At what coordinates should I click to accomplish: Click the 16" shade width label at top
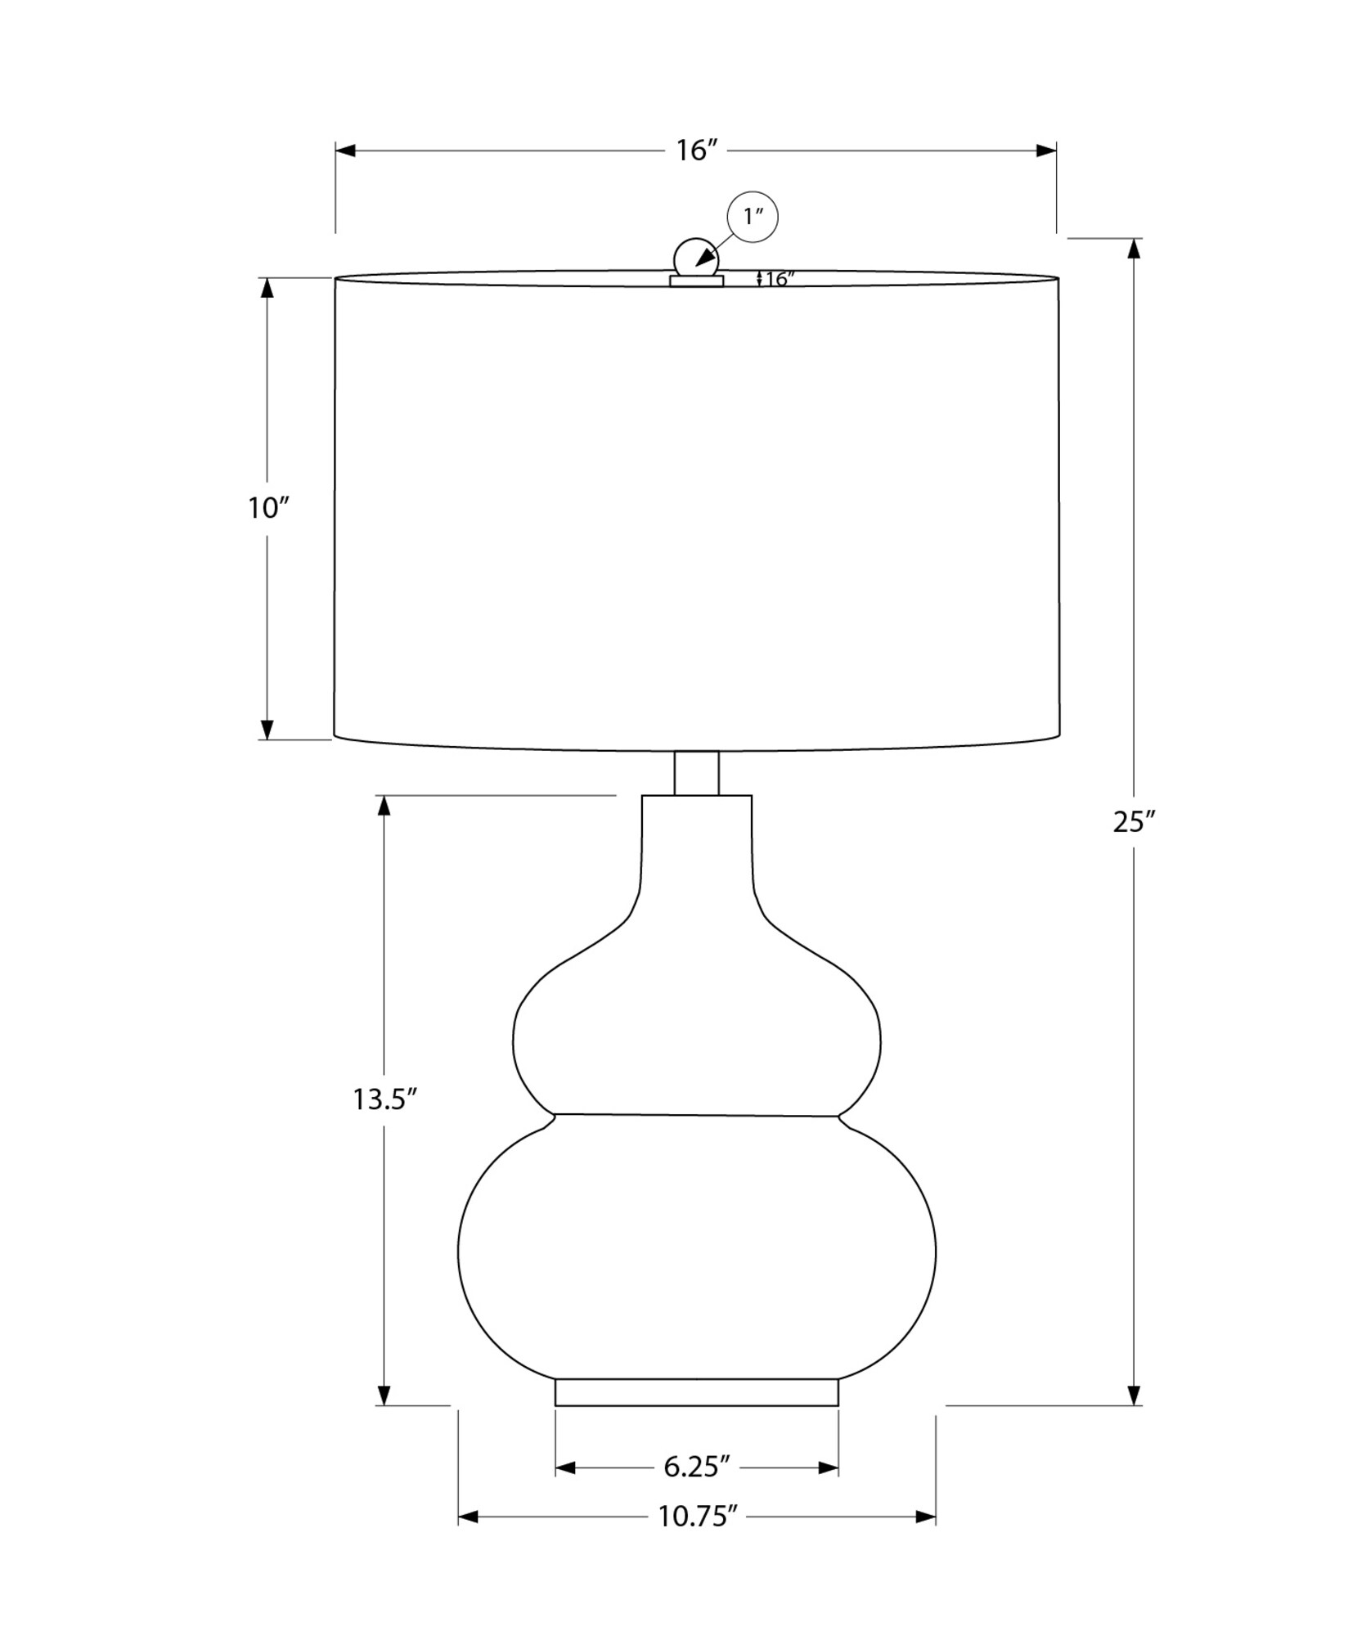(x=696, y=151)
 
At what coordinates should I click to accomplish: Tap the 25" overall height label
(x=1133, y=821)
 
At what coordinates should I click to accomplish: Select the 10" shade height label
(x=269, y=508)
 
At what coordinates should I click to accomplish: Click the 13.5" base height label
(x=385, y=1099)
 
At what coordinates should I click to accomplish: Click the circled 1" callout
(x=753, y=217)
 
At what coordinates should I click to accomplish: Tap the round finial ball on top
(x=695, y=258)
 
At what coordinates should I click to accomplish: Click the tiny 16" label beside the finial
(x=779, y=279)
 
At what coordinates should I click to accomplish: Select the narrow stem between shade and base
(x=696, y=773)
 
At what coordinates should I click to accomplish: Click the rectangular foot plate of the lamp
(x=696, y=1392)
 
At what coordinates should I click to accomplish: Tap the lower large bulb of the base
(x=696, y=1252)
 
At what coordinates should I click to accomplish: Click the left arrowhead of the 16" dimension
(x=345, y=151)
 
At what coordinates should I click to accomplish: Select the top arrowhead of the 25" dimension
(x=1133, y=248)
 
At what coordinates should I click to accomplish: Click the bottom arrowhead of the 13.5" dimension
(x=384, y=1395)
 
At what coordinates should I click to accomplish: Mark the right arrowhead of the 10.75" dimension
(x=926, y=1517)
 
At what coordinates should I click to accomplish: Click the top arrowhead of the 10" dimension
(x=267, y=288)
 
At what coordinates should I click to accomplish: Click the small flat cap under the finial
(x=696, y=281)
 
